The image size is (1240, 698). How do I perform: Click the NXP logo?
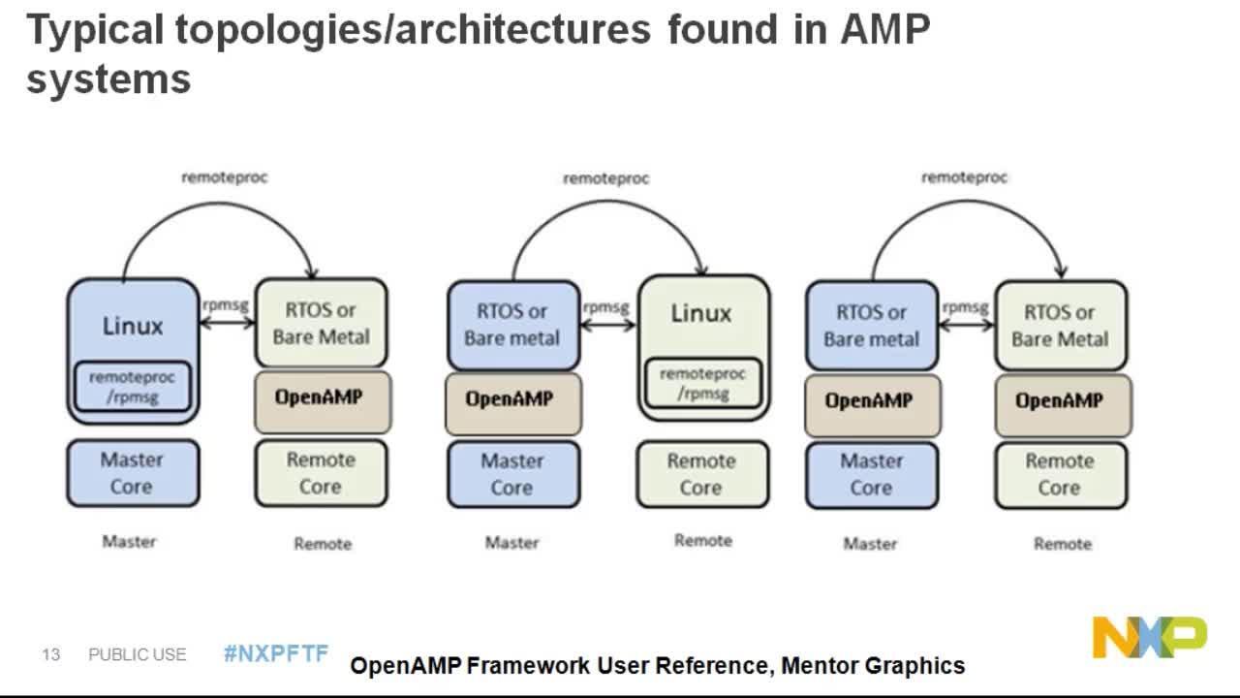1150,637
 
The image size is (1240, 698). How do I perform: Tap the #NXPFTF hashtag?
276,653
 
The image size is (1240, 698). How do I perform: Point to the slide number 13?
50,655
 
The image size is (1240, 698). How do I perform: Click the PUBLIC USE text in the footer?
137,655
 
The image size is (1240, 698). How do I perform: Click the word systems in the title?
108,79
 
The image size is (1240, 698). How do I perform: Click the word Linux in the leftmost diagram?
133,326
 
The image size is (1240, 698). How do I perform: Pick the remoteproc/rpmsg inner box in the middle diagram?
702,383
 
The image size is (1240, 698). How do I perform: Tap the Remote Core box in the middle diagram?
701,474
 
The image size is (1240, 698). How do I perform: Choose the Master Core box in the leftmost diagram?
132,473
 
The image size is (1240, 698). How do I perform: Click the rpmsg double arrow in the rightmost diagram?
966,325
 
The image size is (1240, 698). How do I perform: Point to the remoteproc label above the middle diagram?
605,178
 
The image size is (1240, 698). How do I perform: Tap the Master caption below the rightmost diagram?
870,544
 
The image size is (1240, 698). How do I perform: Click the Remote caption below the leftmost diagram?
323,544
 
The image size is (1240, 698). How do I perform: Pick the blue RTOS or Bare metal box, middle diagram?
512,325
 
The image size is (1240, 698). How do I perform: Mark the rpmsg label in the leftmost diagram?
226,304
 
